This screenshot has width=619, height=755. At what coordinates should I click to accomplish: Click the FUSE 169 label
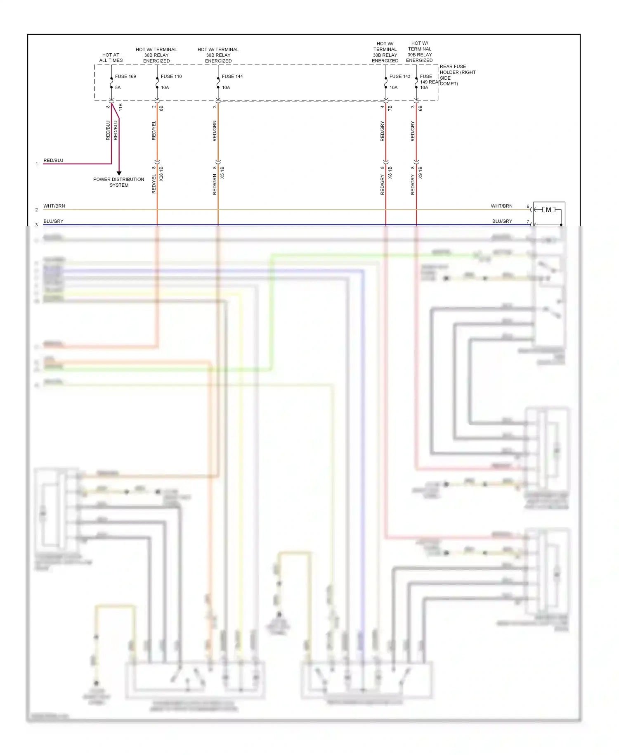coord(125,76)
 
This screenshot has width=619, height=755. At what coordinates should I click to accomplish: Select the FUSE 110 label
coord(171,76)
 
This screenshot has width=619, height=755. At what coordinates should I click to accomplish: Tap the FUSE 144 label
coord(232,76)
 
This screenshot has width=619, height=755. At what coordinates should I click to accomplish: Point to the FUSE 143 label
coord(399,76)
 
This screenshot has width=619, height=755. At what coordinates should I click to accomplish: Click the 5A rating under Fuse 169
coord(118,88)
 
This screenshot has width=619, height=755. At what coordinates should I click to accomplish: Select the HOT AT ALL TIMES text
coord(111,57)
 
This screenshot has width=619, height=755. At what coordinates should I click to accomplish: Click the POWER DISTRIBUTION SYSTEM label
coord(119,182)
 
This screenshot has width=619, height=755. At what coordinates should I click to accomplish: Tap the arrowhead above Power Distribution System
coord(119,173)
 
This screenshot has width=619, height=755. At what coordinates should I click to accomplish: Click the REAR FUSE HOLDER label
coord(457,75)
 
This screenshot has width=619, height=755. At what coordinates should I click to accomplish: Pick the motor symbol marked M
coord(548,210)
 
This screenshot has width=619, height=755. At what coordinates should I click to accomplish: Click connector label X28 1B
coord(161,174)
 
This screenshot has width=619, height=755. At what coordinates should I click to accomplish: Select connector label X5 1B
coord(222,173)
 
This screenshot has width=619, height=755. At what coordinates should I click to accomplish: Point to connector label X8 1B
coord(390,173)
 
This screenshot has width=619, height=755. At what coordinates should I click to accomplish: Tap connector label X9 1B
coord(421,173)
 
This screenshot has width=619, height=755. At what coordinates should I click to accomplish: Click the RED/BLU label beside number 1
coord(53,160)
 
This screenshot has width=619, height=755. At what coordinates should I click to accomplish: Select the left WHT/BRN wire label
coord(54,206)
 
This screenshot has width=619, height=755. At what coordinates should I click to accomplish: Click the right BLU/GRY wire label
coord(502,221)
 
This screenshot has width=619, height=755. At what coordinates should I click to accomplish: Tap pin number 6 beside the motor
coord(528,206)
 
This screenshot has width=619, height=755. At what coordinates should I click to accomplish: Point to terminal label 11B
coord(120,107)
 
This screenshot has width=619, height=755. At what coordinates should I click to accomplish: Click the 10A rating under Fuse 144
coord(226,88)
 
